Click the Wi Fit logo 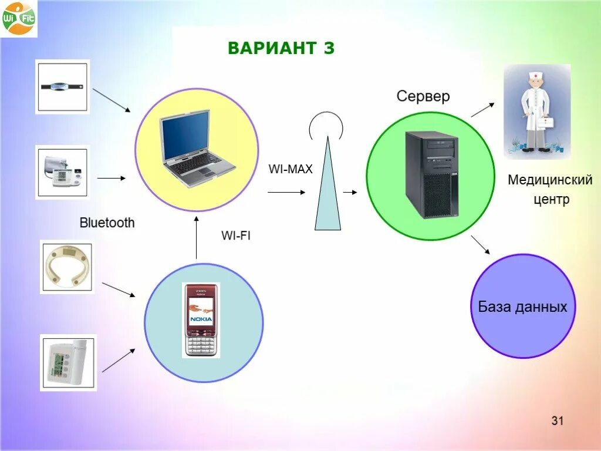coord(18,18)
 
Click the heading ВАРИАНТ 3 coord(281,48)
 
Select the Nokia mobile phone coord(201,320)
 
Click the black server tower coord(431,174)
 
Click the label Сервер coord(423,96)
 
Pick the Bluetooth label coord(107,223)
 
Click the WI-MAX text coord(291,169)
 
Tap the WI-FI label coord(236,236)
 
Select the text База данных coord(522,307)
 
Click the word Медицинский coord(550,180)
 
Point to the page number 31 coord(557,420)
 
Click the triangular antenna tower coord(327,188)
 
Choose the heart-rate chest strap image coord(62,86)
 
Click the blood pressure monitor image coord(62,172)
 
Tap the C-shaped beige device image coord(66,267)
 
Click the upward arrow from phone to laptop coord(197,238)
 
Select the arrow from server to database coord(480,244)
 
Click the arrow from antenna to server coord(350,192)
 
